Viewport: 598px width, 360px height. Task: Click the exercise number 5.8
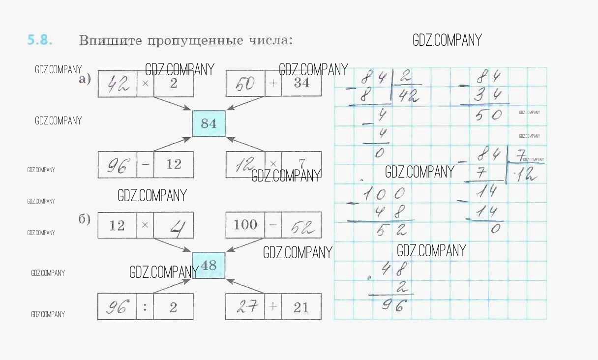click(x=39, y=40)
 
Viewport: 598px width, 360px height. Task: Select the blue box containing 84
click(x=209, y=123)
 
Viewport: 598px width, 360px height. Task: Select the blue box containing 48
click(x=209, y=266)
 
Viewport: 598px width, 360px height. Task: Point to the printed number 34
click(x=301, y=83)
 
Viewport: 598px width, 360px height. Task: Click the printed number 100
click(x=245, y=225)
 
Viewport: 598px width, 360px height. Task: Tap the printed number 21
click(x=300, y=307)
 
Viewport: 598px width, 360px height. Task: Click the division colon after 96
click(x=145, y=307)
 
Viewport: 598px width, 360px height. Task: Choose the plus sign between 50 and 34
click(x=273, y=83)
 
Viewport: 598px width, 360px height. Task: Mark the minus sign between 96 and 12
click(x=145, y=165)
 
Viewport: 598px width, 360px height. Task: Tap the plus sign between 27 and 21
click(x=273, y=307)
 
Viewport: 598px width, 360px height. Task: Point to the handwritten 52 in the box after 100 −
click(x=300, y=226)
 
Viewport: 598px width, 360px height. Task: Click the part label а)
click(x=85, y=79)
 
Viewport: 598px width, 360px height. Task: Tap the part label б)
click(x=85, y=219)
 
